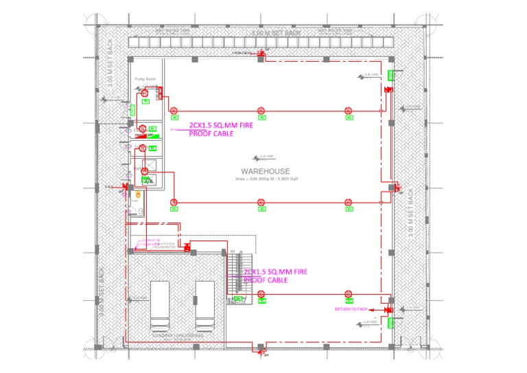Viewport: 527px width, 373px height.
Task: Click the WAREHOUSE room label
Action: [264, 171]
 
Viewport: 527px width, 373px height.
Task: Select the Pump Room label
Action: [145, 79]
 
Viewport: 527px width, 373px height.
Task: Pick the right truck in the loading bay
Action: [206, 306]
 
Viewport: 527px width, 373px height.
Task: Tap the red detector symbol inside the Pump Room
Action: [145, 93]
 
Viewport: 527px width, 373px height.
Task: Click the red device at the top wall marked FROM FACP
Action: [261, 54]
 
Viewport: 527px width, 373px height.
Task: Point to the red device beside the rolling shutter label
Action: [186, 245]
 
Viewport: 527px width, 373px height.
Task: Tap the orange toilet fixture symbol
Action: [138, 194]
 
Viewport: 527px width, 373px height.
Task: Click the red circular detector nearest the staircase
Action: [261, 294]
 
